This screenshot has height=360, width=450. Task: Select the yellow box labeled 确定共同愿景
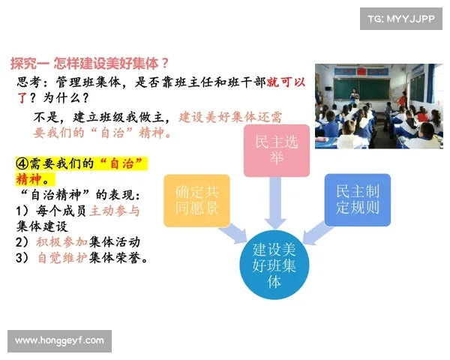[x=196, y=200]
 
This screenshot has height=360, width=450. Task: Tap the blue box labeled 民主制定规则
[x=357, y=200]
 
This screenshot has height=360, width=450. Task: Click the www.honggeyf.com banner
[x=60, y=341]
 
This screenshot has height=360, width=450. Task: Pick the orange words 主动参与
[x=115, y=211]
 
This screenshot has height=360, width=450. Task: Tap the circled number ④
[x=22, y=163]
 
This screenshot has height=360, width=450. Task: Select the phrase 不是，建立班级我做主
[x=103, y=117]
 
